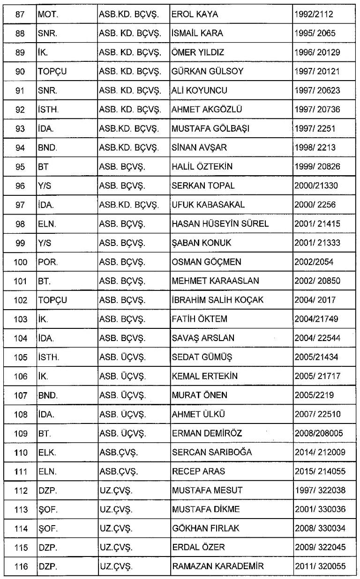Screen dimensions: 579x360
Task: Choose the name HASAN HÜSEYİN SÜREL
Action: (220, 223)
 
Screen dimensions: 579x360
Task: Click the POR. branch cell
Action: (47, 262)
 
